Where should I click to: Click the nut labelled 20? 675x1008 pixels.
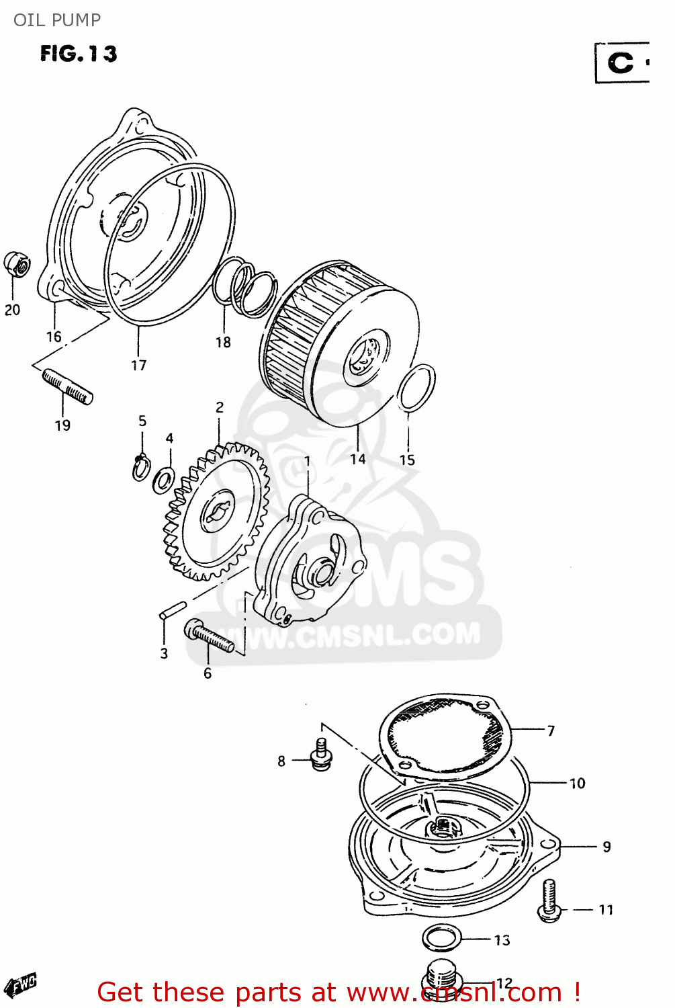[16, 264]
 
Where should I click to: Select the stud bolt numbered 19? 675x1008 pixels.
[67, 387]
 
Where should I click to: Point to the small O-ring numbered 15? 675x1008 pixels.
[416, 388]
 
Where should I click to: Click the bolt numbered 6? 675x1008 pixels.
[210, 636]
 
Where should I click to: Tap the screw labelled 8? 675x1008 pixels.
[321, 755]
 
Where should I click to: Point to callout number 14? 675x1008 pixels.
[358, 459]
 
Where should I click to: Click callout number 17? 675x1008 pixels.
[138, 365]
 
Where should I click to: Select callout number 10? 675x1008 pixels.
[578, 784]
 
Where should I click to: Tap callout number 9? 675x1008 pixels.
[606, 847]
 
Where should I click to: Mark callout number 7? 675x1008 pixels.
[551, 730]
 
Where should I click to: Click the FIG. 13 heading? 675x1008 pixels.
[79, 54]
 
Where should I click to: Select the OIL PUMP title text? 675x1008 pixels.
[57, 20]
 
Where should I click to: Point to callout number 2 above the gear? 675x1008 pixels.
[220, 407]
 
